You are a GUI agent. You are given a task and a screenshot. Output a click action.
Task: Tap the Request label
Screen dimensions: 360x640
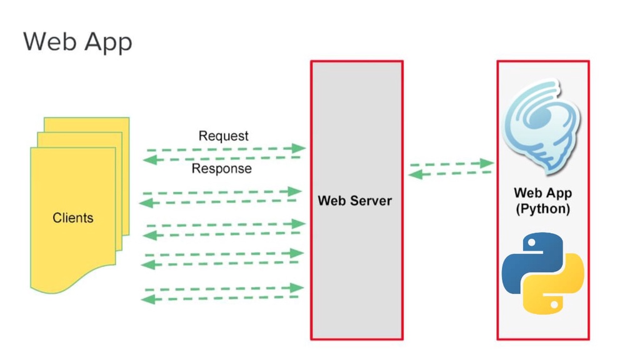click(223, 136)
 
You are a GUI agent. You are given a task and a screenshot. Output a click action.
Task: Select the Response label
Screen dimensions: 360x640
click(221, 169)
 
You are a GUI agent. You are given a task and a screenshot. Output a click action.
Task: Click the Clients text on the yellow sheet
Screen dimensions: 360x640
click(72, 218)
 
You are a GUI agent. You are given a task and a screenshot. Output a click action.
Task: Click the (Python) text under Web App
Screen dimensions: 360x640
click(542, 209)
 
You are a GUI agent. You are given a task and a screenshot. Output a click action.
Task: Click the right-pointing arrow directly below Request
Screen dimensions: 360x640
click(225, 149)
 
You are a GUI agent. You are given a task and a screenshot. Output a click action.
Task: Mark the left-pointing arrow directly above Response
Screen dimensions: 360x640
click(222, 159)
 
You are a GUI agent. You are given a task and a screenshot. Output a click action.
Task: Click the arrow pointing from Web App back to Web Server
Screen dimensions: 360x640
click(450, 173)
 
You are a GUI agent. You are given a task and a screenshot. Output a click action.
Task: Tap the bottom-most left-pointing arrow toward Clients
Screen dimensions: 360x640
click(222, 299)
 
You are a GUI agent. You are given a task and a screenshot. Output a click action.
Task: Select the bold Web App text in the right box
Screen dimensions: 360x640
click(542, 193)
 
